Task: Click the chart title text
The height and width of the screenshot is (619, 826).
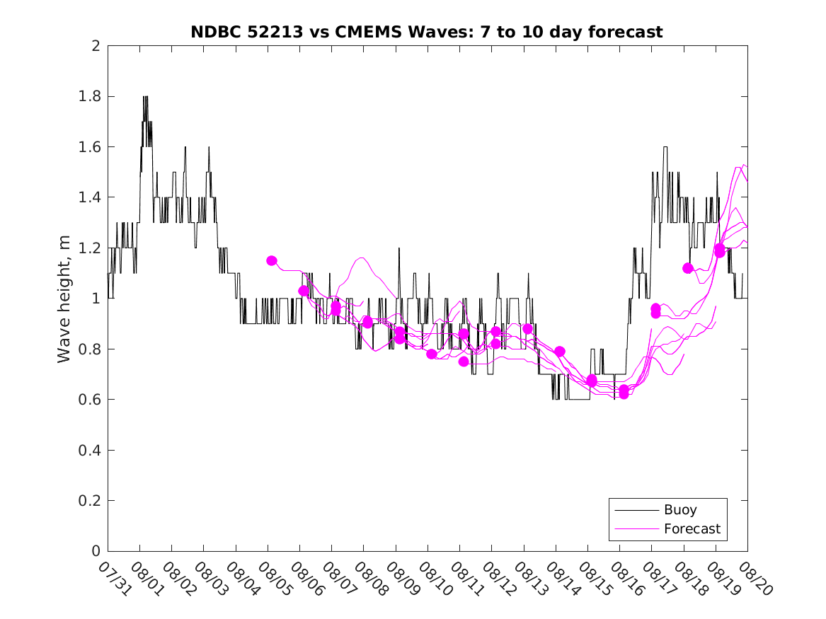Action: pos(427,32)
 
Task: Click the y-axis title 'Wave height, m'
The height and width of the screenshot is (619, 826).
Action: pos(64,299)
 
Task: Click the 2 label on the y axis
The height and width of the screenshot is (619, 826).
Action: pos(96,46)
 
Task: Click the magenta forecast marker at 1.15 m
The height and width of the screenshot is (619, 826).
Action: pos(271,260)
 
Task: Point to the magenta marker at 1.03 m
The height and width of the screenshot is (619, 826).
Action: pos(304,291)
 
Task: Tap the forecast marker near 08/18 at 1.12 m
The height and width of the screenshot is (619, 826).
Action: pos(687,268)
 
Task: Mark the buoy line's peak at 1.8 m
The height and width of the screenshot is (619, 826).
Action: pos(145,97)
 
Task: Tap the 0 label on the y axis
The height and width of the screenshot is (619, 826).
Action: pos(96,552)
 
